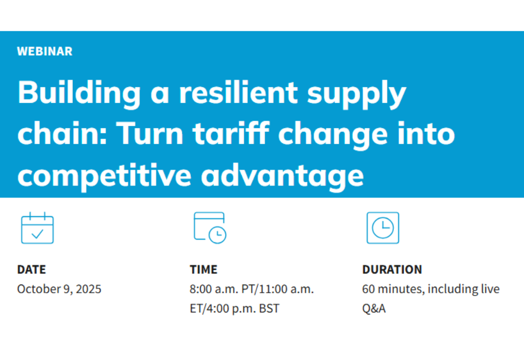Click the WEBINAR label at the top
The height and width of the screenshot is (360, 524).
point(44,51)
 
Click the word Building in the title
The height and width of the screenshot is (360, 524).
point(79,94)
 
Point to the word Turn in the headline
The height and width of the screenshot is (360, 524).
point(147,135)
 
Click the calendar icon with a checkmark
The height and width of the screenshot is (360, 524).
point(37,228)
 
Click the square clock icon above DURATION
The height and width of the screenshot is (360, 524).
point(382,228)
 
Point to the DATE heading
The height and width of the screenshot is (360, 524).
point(32,269)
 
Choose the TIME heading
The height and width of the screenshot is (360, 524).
point(203,269)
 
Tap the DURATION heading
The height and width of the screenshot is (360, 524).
point(392,269)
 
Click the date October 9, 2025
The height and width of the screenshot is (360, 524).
point(59,289)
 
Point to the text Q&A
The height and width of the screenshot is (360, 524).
point(374,309)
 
